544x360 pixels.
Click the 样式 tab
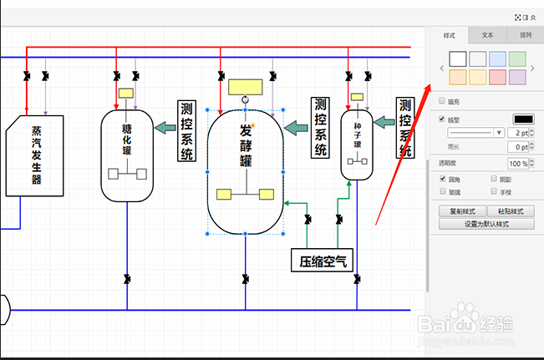(449, 35)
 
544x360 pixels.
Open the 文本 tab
(488, 35)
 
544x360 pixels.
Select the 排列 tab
(525, 35)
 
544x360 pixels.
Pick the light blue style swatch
(497, 58)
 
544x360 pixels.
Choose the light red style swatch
(497, 77)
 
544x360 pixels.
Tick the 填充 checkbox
(443, 101)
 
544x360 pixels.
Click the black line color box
(522, 119)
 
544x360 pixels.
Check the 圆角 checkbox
(443, 179)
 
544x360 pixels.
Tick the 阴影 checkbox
(493, 179)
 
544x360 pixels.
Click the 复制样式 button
(462, 211)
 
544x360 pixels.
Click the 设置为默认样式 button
(487, 224)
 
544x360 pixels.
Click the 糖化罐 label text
(127, 139)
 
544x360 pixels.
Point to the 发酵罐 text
(245, 145)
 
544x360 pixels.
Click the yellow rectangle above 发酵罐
(245, 87)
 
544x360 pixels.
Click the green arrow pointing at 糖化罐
(166, 127)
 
